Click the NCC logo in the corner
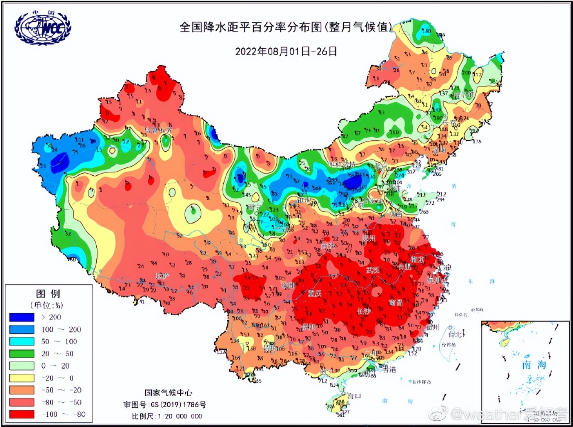pyautogui.click(x=43, y=28)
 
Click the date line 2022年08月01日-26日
pyautogui.click(x=286, y=52)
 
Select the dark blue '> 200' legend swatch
pyautogui.click(x=22, y=317)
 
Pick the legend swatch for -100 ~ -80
pyautogui.click(x=22, y=414)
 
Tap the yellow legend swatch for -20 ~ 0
pyautogui.click(x=22, y=378)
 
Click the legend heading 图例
pyautogui.click(x=48, y=294)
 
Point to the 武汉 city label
pyautogui.click(x=372, y=270)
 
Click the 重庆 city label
pyautogui.click(x=315, y=293)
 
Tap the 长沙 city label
pyautogui.click(x=364, y=311)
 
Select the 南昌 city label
pyautogui.click(x=395, y=303)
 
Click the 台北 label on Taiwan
pyautogui.click(x=455, y=334)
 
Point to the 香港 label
pyautogui.click(x=389, y=369)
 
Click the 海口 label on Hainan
pyautogui.click(x=353, y=396)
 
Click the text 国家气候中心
pyautogui.click(x=168, y=393)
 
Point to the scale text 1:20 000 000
pyautogui.click(x=179, y=416)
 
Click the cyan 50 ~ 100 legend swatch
pyautogui.click(x=22, y=341)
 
